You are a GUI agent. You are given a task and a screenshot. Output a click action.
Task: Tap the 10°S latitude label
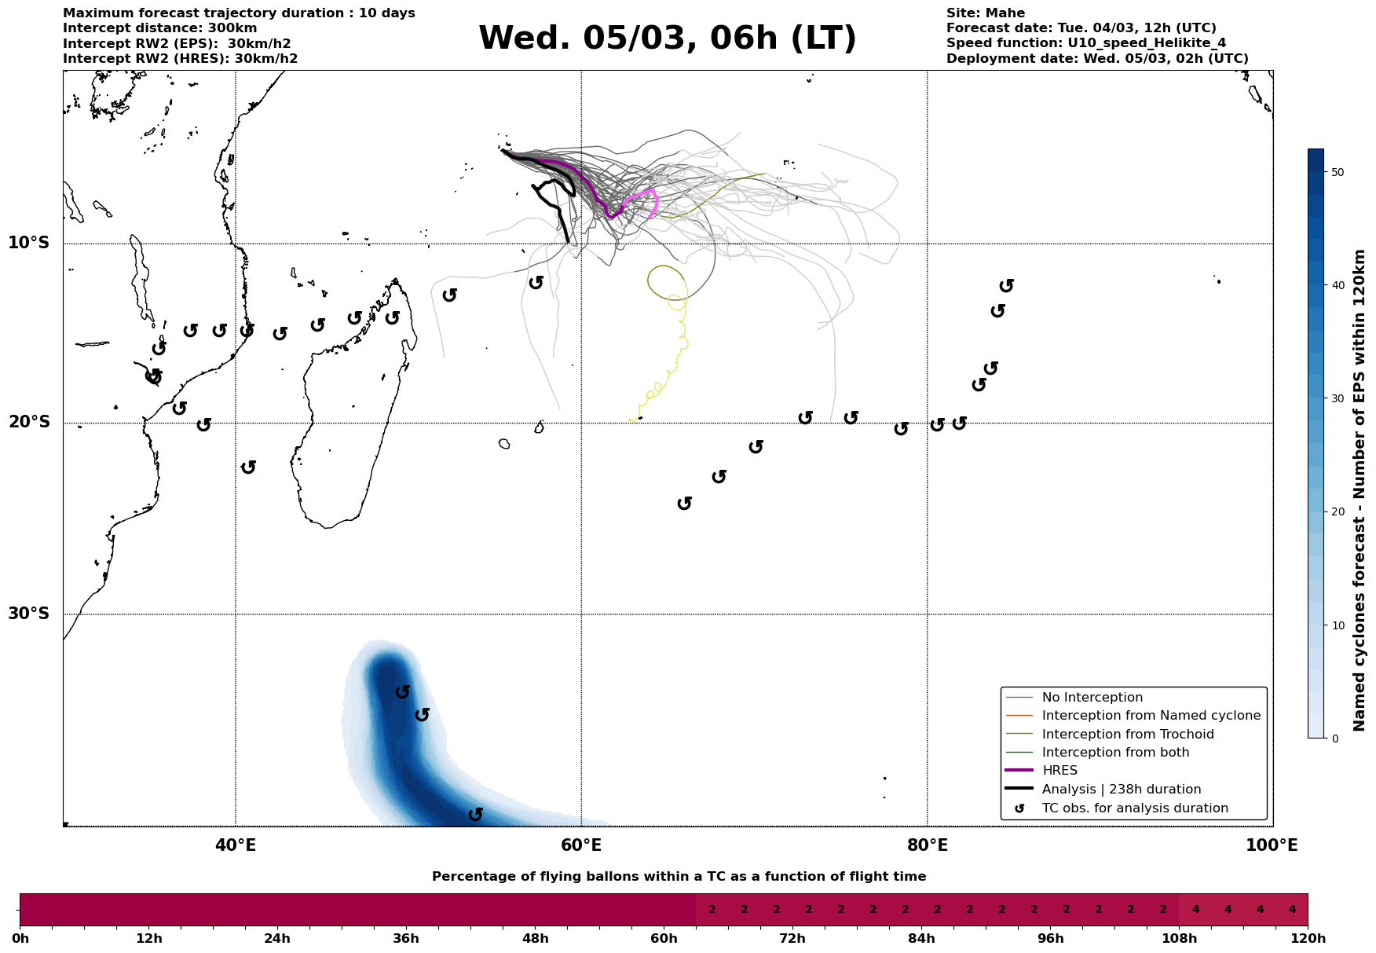point(29,243)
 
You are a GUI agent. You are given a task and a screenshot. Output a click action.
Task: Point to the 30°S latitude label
point(29,614)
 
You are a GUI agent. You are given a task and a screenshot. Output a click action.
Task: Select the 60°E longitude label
point(581,845)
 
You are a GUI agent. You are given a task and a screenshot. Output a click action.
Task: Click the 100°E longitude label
point(1272,845)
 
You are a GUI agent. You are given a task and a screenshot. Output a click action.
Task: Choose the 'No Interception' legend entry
point(1092,698)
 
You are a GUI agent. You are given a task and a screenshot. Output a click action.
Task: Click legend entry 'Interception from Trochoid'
point(1127,735)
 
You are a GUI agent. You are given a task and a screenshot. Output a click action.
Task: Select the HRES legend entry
point(1059,771)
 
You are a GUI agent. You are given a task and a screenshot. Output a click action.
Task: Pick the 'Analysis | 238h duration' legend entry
point(1121,790)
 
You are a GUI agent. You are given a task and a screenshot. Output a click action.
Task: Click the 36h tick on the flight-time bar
point(406,939)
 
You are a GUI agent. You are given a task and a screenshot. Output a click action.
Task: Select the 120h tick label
point(1308,939)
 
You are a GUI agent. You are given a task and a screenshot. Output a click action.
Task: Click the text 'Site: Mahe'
point(986,13)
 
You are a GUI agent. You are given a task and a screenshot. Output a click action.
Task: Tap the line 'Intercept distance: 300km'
point(160,28)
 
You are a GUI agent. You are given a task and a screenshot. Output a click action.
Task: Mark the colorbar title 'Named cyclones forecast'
point(1360,490)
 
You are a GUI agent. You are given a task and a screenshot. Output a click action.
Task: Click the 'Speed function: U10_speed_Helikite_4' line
point(1086,43)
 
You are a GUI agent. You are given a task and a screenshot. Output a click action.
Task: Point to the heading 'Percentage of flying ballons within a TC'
point(679,877)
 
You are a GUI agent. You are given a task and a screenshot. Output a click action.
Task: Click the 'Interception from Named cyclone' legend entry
point(1151,716)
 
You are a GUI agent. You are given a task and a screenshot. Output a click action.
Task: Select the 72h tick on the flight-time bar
point(792,939)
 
